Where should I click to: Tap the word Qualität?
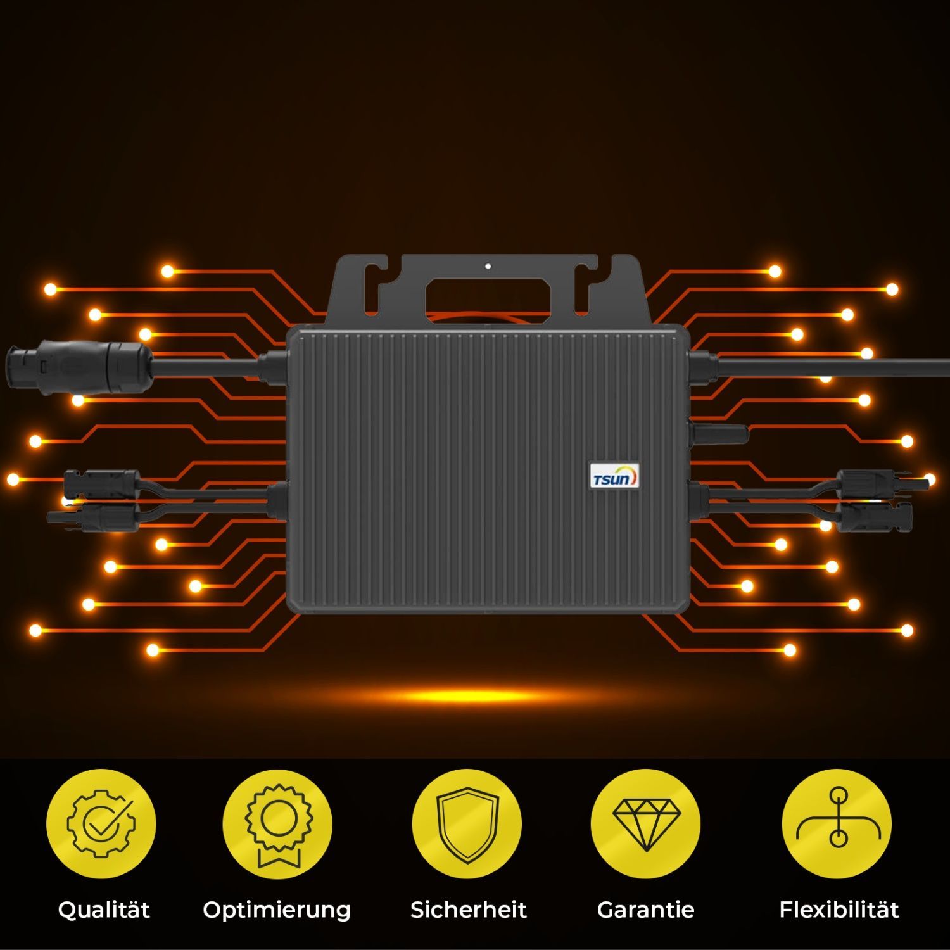point(104,910)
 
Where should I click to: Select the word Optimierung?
point(277,911)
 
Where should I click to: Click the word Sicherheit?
point(468,909)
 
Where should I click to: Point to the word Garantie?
point(645,909)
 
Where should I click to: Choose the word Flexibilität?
point(839,909)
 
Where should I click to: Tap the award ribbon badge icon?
point(278,825)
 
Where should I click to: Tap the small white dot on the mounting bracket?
point(488,266)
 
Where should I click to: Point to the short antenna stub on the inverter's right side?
point(719,434)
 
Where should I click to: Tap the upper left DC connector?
point(101,484)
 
